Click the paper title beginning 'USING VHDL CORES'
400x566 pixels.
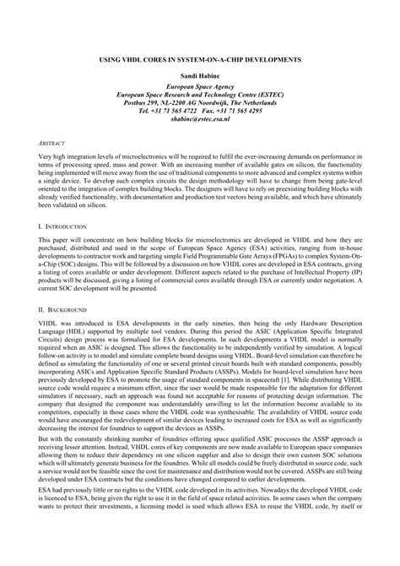(x=200, y=61)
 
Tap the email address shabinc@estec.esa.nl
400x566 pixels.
(x=200, y=119)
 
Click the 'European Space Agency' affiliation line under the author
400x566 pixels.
(x=200, y=88)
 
